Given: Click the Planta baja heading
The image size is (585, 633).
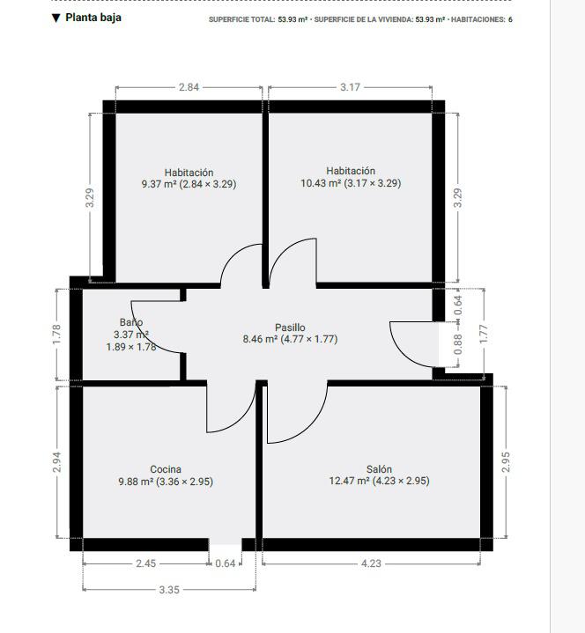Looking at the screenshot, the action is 93,18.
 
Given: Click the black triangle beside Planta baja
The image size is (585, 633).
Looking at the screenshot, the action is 56,18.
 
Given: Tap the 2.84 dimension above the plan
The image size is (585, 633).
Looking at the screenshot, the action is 189,87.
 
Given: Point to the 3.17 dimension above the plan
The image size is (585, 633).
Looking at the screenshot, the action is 350,87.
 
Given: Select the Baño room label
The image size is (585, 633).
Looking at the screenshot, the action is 131,322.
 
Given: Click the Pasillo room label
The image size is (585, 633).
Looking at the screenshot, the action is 290,328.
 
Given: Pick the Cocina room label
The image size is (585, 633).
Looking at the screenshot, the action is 166,469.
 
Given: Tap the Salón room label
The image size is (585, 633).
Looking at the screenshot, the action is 379,469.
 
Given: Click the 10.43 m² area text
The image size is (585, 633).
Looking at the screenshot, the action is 321,183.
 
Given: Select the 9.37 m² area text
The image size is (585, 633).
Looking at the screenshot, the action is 159,184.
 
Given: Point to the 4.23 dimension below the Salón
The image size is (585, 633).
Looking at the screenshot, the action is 371,563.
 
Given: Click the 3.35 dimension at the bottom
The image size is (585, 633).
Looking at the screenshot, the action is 169,590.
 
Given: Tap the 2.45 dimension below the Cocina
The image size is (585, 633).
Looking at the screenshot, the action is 146,563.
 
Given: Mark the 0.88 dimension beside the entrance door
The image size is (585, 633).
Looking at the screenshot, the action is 458,345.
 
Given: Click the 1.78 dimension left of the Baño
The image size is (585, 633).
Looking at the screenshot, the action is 56,335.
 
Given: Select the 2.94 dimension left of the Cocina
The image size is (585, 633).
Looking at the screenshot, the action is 56,462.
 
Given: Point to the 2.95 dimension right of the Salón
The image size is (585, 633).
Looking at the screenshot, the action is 506,462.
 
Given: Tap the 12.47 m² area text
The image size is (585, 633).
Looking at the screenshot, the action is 349,481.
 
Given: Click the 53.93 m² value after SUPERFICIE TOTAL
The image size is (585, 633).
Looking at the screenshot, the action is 292,19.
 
